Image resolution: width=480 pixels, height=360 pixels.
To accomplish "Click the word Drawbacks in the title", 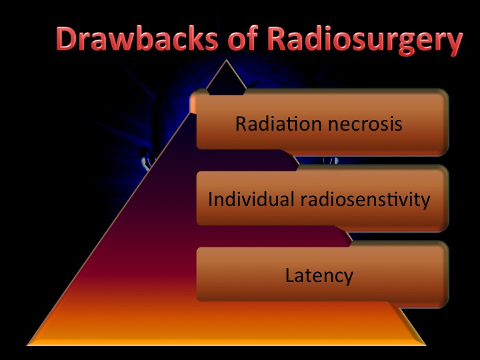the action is (x=137, y=39).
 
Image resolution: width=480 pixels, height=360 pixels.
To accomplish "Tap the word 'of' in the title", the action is (x=243, y=38).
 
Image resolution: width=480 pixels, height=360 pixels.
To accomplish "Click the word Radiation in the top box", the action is (x=278, y=123).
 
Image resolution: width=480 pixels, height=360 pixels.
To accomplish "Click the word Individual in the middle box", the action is (x=251, y=199).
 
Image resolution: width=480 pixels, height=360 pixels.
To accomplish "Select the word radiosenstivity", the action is (x=365, y=199).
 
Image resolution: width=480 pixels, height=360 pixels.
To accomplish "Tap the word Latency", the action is (x=319, y=276).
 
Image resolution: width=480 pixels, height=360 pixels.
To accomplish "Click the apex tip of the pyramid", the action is (x=226, y=60).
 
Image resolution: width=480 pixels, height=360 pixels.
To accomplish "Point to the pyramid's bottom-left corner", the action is (x=27, y=345).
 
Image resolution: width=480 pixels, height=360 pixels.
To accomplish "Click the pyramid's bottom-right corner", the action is (x=426, y=345).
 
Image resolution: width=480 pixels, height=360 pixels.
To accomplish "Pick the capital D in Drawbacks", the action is (x=67, y=39).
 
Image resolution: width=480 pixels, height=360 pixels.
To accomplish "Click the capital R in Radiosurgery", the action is (x=279, y=39).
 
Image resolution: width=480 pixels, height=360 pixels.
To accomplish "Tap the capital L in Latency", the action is (x=290, y=275).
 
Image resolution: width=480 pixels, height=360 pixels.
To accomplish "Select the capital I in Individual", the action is (x=210, y=199).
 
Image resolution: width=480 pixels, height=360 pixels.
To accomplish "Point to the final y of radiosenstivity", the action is (x=424, y=202).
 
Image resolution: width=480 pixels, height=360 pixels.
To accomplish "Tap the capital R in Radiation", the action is (x=241, y=124).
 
